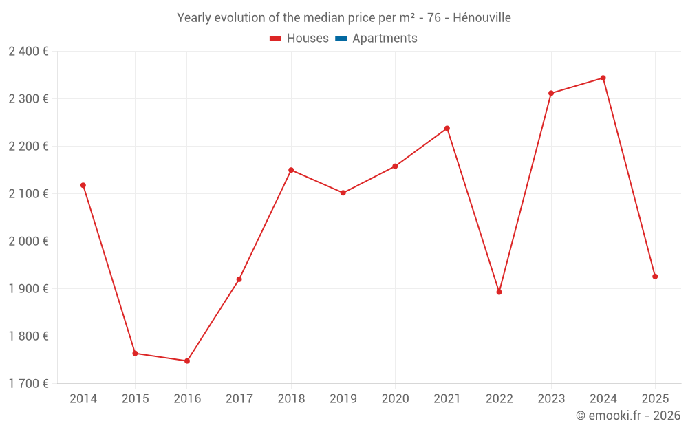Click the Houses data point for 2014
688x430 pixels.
click(83, 185)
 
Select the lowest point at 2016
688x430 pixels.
click(187, 361)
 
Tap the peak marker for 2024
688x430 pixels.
click(603, 78)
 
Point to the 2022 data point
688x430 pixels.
click(499, 292)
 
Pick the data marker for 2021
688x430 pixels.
click(447, 128)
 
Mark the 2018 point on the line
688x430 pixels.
click(291, 170)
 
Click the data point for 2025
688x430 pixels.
click(655, 277)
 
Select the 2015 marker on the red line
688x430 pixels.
click(135, 353)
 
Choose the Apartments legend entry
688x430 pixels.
click(385, 39)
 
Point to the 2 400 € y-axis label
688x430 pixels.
click(28, 52)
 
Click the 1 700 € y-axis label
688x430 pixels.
click(28, 384)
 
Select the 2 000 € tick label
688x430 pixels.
click(28, 241)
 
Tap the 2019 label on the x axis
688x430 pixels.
click(343, 398)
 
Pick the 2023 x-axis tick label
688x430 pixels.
click(551, 398)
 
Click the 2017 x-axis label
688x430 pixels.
click(239, 398)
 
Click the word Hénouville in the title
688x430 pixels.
click(482, 18)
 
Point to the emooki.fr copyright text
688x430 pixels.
click(627, 416)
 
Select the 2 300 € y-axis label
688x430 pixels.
click(28, 99)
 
